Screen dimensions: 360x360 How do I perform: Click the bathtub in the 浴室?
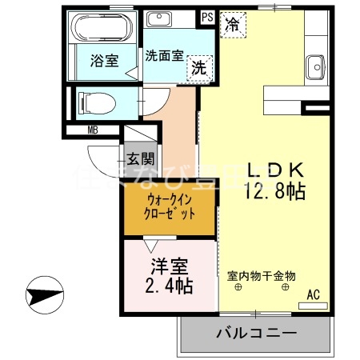(104, 30)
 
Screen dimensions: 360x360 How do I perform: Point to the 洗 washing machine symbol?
(198, 69)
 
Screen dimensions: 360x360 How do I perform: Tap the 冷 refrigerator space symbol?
(232, 25)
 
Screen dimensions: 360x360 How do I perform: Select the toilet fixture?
(95, 102)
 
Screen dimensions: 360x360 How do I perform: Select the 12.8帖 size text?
(274, 192)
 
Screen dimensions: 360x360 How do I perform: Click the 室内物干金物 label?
(262, 275)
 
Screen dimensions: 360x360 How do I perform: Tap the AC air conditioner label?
(313, 295)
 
